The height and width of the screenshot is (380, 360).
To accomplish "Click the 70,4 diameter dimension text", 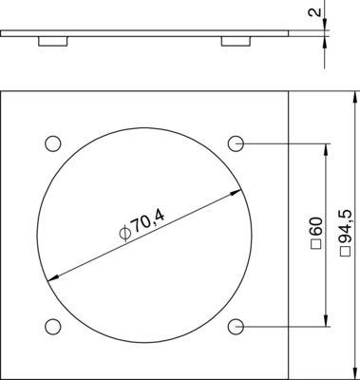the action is click(148, 221).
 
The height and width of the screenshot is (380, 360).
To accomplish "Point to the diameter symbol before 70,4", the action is click(124, 234).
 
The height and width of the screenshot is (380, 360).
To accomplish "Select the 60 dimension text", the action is click(316, 226).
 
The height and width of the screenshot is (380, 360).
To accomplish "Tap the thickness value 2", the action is click(314, 12).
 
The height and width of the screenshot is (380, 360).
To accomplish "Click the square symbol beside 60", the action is click(316, 244).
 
